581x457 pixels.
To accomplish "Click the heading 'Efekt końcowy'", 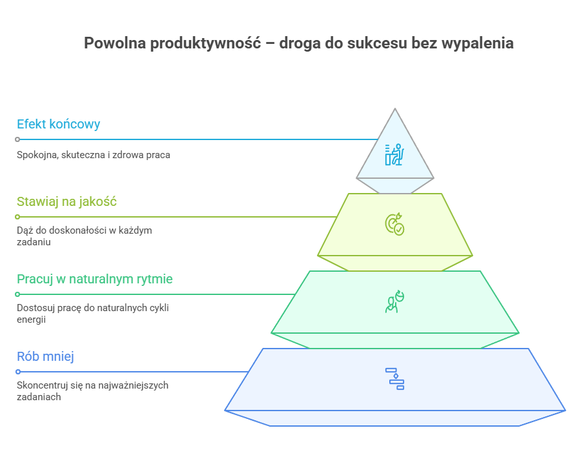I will point(58,125).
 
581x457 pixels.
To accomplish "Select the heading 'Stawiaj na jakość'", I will point(66,202).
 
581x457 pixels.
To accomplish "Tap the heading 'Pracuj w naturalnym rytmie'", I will point(94,279).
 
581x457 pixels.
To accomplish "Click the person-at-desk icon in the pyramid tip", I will point(394,154).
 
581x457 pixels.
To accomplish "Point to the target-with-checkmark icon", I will point(394,223).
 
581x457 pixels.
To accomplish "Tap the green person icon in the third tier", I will point(394,301).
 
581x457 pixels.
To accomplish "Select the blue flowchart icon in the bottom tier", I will point(394,378).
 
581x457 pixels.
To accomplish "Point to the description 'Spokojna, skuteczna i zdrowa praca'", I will point(94,155).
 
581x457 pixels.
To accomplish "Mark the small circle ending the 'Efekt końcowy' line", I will point(17,139).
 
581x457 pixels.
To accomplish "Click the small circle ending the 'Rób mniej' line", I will point(17,372).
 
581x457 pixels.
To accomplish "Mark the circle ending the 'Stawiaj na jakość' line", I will point(17,217).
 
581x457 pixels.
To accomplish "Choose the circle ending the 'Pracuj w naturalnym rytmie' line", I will point(17,294).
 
